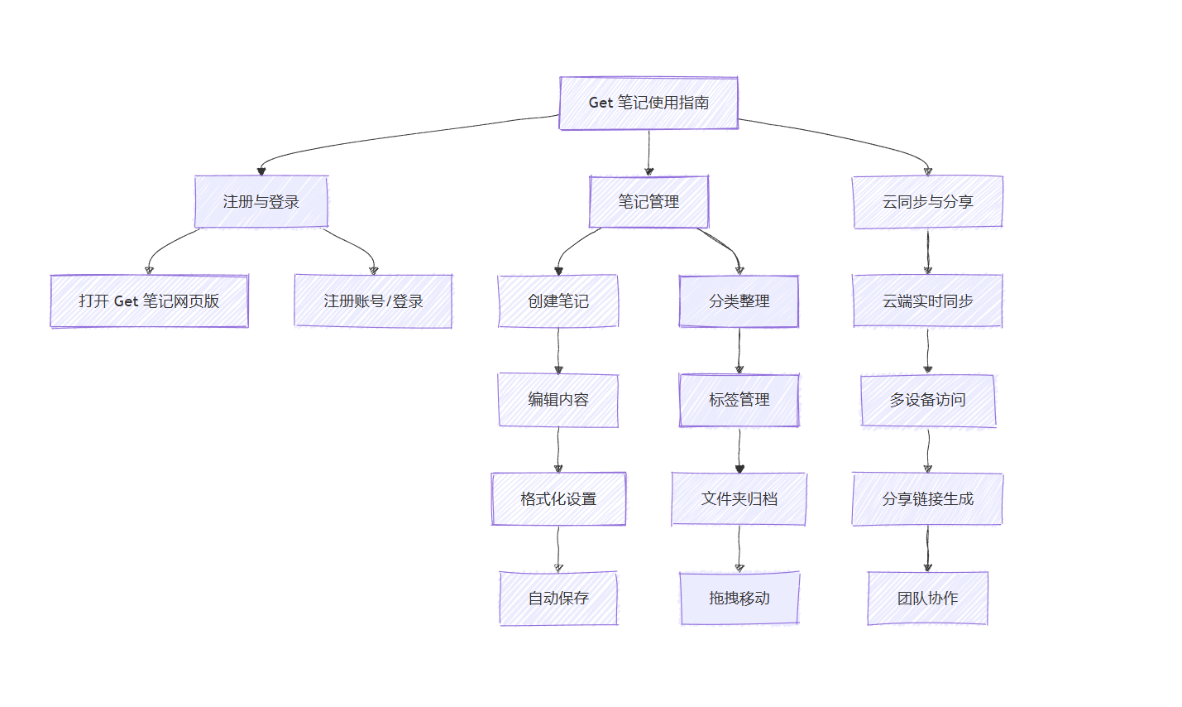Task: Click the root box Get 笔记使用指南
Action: [648, 103]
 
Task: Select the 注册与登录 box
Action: [261, 202]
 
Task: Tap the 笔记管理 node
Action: [649, 202]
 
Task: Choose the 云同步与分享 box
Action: [928, 202]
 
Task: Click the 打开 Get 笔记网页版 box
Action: [150, 301]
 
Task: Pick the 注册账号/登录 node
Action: [373, 301]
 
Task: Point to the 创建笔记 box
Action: [558, 301]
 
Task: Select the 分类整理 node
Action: [739, 301]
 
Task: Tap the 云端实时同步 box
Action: [928, 301]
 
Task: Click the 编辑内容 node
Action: [558, 400]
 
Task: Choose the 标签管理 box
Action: [739, 400]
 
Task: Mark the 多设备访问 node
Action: [928, 400]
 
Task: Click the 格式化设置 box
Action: [558, 499]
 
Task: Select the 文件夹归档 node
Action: [739, 499]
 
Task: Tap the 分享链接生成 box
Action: [928, 499]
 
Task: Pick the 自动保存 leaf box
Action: [558, 599]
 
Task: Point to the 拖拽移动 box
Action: [739, 599]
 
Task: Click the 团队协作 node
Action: [928, 599]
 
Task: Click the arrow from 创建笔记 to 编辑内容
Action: [558, 350]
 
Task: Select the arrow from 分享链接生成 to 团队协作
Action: [928, 549]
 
